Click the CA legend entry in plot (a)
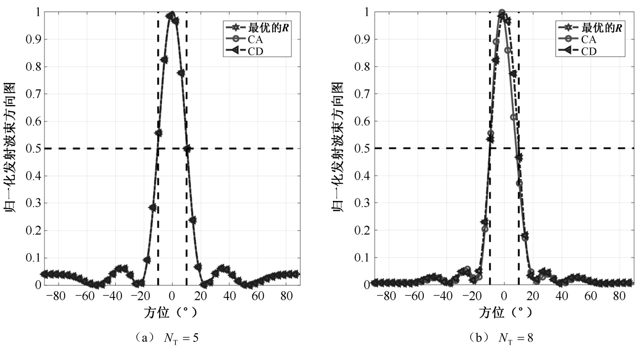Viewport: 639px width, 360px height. (x=255, y=40)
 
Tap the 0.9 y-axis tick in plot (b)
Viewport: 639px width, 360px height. (x=362, y=40)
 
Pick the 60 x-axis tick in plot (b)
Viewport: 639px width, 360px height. (x=590, y=296)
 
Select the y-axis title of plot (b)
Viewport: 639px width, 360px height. (x=338, y=147)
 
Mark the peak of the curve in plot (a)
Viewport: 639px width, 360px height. (x=172, y=13)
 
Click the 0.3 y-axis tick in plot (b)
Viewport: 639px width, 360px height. (x=362, y=203)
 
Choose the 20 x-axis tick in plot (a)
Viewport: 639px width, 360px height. (x=201, y=296)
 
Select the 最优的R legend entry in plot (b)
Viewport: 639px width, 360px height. (x=602, y=28)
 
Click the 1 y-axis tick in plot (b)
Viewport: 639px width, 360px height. (x=366, y=12)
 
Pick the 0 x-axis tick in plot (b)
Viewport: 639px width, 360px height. (x=504, y=296)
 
